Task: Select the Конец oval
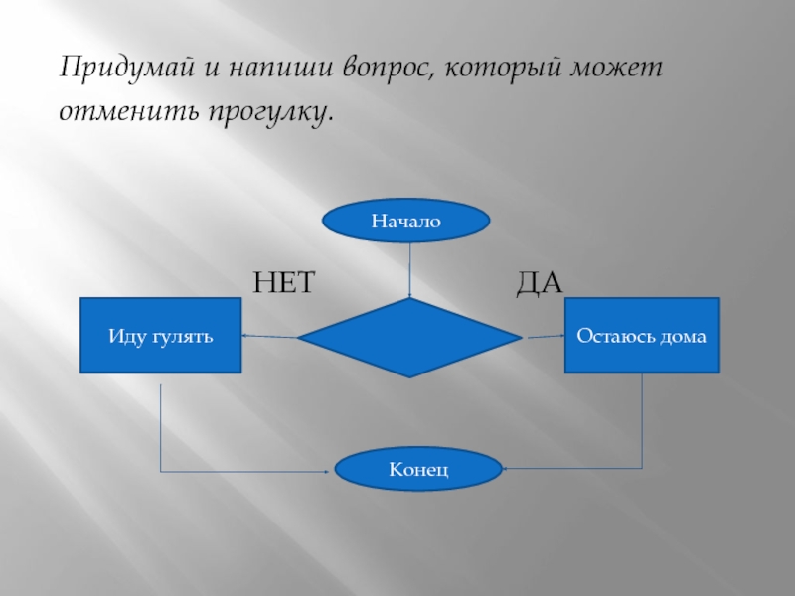point(417,468)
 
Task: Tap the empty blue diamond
point(409,338)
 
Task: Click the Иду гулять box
point(161,336)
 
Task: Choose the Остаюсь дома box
point(642,336)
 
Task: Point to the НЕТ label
point(283,283)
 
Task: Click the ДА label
point(540,283)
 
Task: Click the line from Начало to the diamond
point(410,268)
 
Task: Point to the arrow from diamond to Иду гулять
point(269,336)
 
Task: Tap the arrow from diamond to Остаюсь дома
point(543,336)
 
